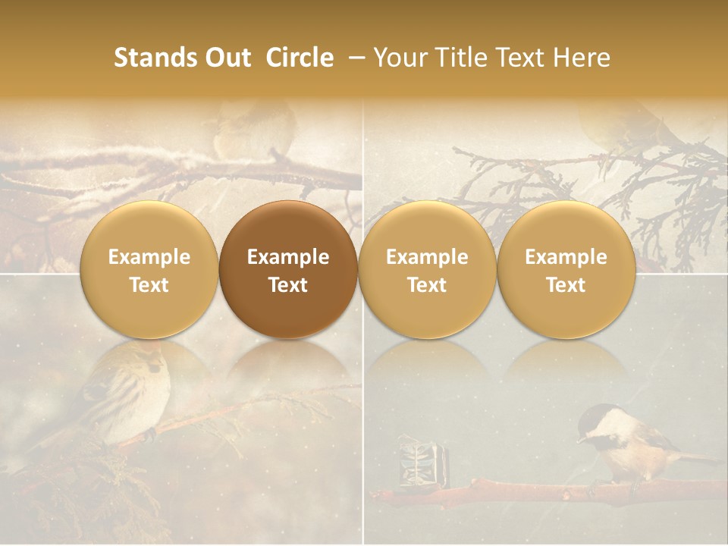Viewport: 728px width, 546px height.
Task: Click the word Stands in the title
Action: pos(154,58)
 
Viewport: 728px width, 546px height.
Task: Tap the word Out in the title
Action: pos(226,58)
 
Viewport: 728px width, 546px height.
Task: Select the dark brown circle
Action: pos(288,270)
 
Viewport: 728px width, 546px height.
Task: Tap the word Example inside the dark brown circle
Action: pos(288,257)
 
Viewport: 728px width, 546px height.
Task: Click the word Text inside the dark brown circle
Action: pos(288,285)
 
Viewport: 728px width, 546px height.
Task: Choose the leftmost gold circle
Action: pos(149,270)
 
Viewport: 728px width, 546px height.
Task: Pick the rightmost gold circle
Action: pos(566,270)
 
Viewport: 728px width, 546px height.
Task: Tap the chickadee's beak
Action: pos(581,439)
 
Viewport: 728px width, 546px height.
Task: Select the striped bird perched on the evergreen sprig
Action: pos(129,391)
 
